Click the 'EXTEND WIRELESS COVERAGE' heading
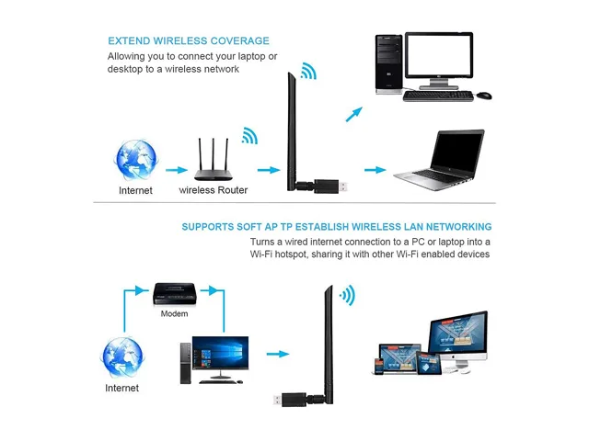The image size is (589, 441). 189,40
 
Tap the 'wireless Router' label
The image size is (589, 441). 213,190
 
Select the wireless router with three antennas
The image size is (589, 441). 214,160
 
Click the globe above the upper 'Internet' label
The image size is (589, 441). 135,160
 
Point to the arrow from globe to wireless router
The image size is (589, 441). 177,170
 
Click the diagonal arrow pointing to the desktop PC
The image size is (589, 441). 353,114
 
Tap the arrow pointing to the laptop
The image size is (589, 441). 375,170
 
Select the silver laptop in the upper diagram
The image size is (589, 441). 440,160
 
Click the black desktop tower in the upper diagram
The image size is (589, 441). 389,63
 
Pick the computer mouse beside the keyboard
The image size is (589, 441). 484,96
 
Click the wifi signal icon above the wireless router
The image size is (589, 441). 249,136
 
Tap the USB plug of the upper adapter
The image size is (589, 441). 343,187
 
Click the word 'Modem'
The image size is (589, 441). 174,313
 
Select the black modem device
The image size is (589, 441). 175,294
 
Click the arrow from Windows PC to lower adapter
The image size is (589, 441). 278,354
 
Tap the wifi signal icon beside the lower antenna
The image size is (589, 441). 348,296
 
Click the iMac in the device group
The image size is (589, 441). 458,340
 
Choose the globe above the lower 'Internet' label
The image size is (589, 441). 122,357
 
